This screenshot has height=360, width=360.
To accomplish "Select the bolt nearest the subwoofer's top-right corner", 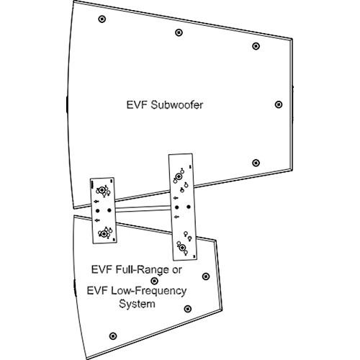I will pos(256,46).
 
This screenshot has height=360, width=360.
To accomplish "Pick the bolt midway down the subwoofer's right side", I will pos(279,104).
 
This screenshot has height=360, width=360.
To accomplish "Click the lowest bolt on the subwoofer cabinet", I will pos(256,162).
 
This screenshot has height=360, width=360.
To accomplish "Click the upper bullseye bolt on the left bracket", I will pos(103,191).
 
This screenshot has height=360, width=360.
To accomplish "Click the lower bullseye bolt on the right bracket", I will pos(183,248).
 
